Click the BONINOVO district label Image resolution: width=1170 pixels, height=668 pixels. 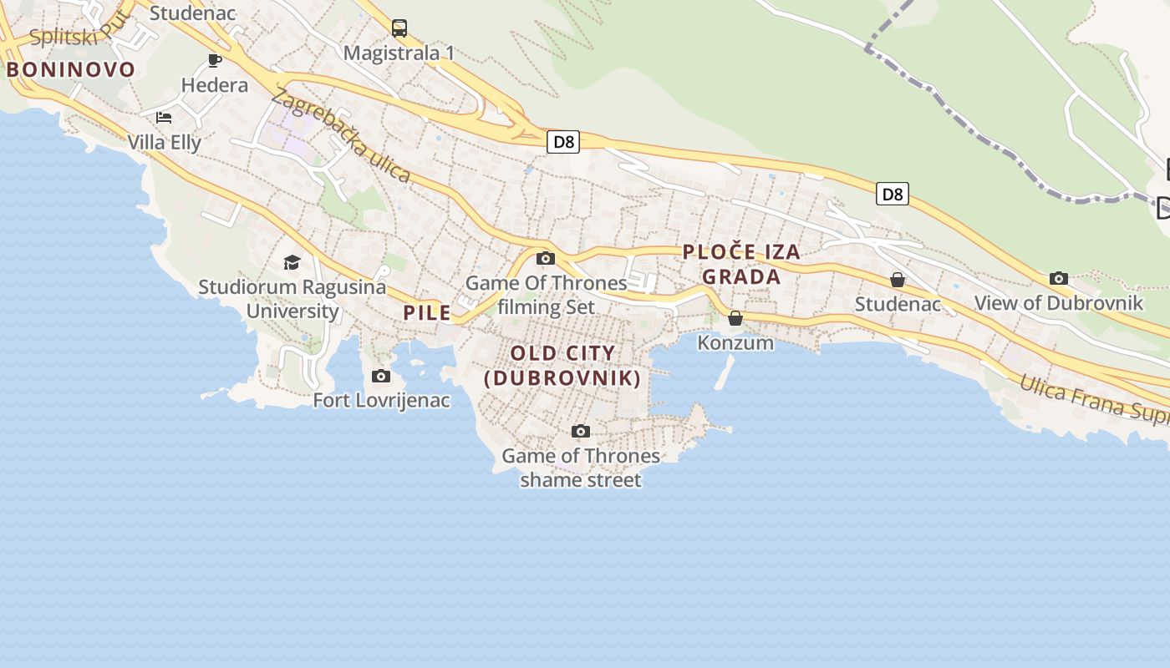point(71,69)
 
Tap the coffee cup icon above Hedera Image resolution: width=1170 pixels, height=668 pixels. point(215,60)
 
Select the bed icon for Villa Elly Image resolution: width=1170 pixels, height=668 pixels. point(164,118)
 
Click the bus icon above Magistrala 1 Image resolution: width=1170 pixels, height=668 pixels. point(399,28)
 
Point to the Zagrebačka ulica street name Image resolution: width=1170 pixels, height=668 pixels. point(341,136)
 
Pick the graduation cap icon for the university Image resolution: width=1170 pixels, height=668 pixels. point(292,263)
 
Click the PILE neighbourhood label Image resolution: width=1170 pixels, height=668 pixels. point(427,313)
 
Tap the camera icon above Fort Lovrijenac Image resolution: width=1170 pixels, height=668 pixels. point(381,377)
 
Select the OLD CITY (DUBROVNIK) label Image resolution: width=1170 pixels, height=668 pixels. point(562,366)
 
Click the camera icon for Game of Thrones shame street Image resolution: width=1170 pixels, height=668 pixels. point(581,432)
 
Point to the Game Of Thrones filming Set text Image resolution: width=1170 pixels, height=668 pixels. point(547,295)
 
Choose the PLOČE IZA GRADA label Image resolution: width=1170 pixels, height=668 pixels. point(741,264)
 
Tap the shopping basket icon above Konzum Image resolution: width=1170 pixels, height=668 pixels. point(735,318)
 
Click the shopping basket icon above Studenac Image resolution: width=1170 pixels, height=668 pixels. point(898,280)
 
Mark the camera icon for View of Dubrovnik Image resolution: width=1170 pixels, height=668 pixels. point(1059,279)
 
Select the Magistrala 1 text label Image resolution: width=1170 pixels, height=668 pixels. point(399,53)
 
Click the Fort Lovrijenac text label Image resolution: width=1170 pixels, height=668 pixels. point(381,401)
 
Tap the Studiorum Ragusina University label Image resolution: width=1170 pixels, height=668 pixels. point(292,299)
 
